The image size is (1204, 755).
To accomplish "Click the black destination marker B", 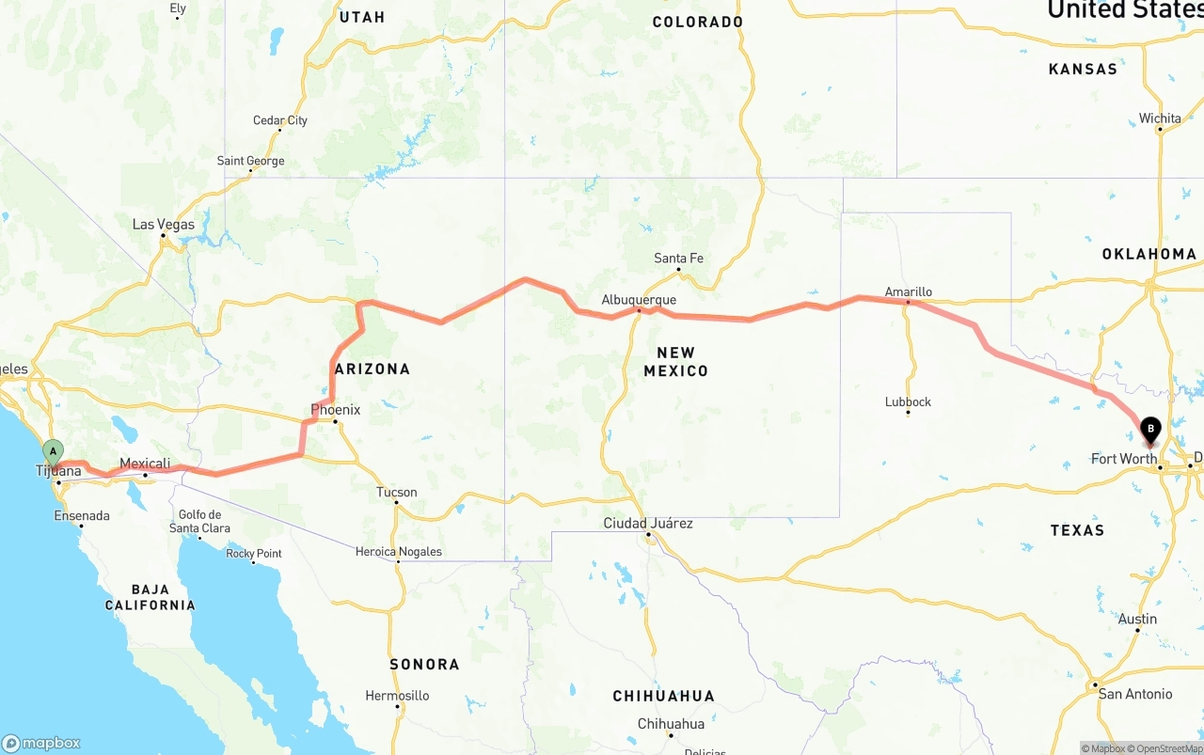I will (x=1149, y=430).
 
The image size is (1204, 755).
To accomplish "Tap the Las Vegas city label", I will (x=164, y=225).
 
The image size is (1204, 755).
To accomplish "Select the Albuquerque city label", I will (x=639, y=300).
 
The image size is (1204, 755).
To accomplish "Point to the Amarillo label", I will (x=908, y=291).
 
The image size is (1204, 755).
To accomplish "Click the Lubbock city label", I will (x=908, y=401).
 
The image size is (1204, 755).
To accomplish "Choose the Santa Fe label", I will (x=678, y=259).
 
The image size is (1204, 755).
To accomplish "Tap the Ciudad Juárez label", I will (x=648, y=523).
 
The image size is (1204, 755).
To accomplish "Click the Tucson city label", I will (x=396, y=492).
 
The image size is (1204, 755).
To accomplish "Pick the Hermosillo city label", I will (x=397, y=696).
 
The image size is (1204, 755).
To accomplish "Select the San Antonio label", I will (x=1135, y=694).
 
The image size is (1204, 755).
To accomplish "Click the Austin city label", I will (x=1137, y=619).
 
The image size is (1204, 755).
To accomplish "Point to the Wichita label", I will (x=1160, y=118).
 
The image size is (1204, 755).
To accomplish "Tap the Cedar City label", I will (x=280, y=120).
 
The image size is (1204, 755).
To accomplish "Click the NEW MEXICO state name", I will (x=675, y=361).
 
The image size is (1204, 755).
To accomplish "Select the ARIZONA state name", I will (x=372, y=369).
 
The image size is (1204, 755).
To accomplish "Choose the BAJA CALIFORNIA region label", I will (x=150, y=597).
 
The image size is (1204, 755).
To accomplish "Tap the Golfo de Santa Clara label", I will (x=199, y=521).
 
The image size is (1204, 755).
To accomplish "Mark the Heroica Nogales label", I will (x=398, y=552).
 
